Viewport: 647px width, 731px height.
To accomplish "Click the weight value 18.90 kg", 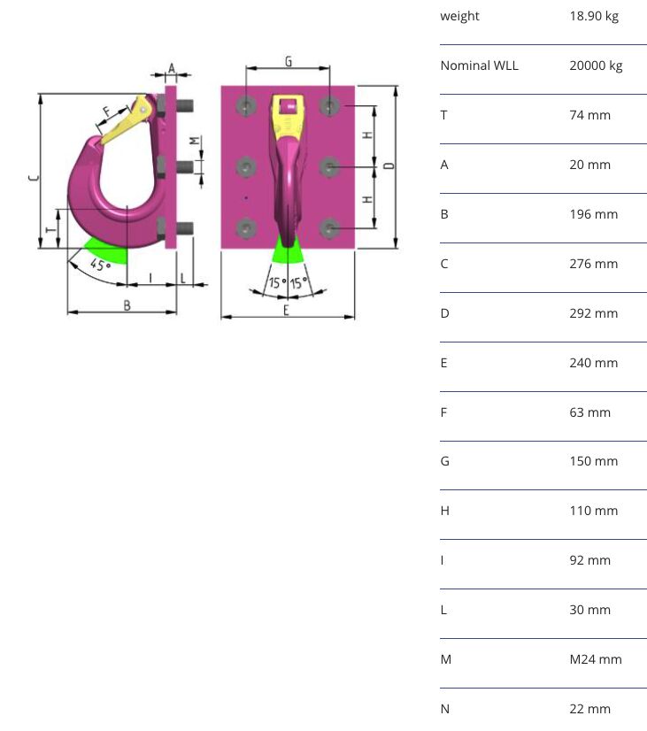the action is [x=594, y=16].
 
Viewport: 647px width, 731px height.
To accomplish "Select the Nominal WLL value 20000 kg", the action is [x=596, y=65].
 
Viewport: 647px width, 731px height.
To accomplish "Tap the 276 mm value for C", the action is [x=593, y=264].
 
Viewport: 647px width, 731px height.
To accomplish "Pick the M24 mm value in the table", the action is [x=596, y=659].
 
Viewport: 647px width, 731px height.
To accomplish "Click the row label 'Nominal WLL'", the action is [x=479, y=65].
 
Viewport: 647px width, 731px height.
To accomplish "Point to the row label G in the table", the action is [x=444, y=461].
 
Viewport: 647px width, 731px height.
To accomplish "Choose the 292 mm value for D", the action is [x=593, y=313].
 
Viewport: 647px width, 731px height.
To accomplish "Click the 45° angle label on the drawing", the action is [x=100, y=265].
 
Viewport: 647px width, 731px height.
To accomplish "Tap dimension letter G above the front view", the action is [x=289, y=62].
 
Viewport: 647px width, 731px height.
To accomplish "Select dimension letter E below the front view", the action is [x=286, y=310].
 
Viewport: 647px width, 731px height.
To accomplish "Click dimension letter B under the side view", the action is [x=127, y=306].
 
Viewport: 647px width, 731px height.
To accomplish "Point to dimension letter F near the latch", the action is [x=107, y=112].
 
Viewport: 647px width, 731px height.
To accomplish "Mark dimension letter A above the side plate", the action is [x=172, y=69].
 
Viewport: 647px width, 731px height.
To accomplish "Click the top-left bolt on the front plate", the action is [x=246, y=106].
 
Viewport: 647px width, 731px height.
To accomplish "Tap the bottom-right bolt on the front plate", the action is [x=329, y=228].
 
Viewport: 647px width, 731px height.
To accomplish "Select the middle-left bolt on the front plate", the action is [x=246, y=167].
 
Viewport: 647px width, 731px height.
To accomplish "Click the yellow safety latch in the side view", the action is [x=125, y=121].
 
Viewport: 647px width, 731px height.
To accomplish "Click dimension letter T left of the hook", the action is [x=50, y=229].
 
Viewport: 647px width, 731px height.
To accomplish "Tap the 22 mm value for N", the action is [x=589, y=709].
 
